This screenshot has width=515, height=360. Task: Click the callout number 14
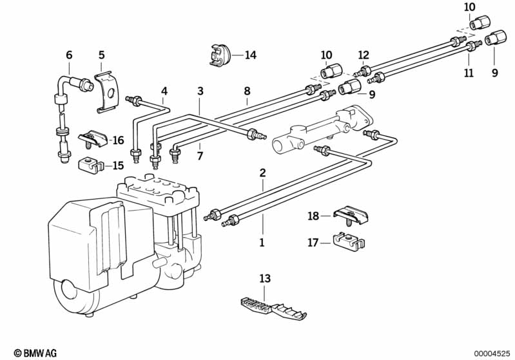[x=250, y=55]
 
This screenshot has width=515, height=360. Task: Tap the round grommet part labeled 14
[x=219, y=55]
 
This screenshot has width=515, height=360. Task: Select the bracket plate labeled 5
[x=107, y=93]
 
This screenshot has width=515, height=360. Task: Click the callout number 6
[x=69, y=55]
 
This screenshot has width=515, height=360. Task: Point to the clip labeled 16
[x=93, y=139]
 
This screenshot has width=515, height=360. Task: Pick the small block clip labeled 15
[x=90, y=165]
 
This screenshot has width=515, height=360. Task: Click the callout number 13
[x=265, y=278]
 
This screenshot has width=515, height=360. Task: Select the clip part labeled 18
[x=351, y=216]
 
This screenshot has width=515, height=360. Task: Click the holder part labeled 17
[x=349, y=241]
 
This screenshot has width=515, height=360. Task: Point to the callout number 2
[x=262, y=173]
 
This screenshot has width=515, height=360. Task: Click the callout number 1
[x=262, y=243]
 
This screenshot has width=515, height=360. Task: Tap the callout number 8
[x=247, y=91]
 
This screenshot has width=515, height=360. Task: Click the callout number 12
[x=364, y=55]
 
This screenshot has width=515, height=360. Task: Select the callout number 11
[x=469, y=73]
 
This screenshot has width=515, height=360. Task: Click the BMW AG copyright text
[x=35, y=353]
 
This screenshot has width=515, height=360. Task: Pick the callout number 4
[x=164, y=91]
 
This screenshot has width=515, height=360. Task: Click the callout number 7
[x=200, y=156]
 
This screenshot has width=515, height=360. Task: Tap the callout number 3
[x=200, y=91]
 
